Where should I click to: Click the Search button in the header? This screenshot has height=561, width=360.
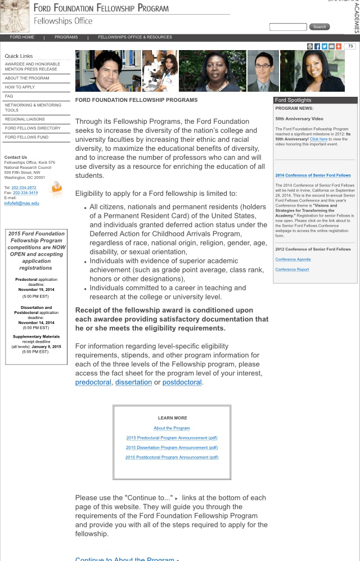coord(319,27)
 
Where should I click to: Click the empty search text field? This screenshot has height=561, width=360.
coord(288,27)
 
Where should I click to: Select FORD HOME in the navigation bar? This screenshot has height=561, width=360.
coord(22,38)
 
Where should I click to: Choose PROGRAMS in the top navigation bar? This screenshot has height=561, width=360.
coord(66,38)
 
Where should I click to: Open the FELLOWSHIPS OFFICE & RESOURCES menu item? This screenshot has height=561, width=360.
coord(135,38)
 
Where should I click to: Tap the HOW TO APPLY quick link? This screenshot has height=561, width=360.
coord(20,87)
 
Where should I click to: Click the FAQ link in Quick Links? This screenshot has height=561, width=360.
coord(9,96)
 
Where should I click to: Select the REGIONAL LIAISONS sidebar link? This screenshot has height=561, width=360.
coord(25,119)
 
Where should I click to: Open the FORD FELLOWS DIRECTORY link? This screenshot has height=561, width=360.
coord(33,128)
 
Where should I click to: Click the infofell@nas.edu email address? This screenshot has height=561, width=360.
coord(22,203)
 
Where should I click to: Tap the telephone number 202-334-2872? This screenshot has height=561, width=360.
coord(24,188)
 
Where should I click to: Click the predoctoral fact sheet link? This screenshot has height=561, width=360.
coord(93,383)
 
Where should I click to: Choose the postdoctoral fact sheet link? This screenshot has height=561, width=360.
coord(182,383)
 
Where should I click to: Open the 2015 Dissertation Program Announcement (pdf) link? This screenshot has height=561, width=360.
coord(172,448)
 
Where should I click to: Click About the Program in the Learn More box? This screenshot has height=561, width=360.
coord(172,428)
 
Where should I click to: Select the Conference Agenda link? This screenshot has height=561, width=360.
coord(293,259)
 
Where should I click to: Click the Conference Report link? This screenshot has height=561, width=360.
coord(292,270)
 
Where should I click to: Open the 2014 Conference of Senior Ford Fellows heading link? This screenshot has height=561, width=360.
coord(313,176)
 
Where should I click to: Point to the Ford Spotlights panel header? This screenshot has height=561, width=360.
coord(315,100)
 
